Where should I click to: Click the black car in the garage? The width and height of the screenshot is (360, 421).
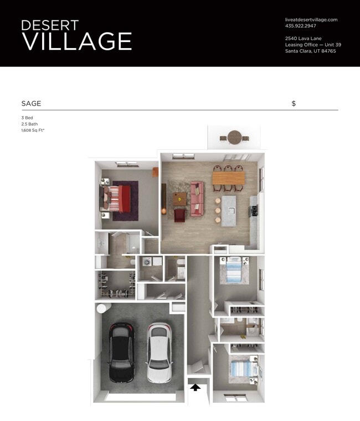coord(121,352)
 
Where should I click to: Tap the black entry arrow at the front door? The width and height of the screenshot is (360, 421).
coord(195,387)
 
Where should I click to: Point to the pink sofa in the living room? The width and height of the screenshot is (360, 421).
coord(197,199)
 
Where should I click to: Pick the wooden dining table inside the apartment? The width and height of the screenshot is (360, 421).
coord(228,178)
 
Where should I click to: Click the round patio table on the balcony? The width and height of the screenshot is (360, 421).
coord(235,136)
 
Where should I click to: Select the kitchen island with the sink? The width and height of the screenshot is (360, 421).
coord(230,210)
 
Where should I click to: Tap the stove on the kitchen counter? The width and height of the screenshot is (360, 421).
coord(254,210)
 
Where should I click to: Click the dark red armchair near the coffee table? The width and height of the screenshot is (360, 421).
coord(180,215)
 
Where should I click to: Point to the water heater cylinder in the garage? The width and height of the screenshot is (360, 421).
coord(102,307)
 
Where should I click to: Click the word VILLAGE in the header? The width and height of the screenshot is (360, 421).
coord(76,41)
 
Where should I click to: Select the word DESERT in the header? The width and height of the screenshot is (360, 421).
coord(50,25)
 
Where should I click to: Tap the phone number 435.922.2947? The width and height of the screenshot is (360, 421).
coord(301,26)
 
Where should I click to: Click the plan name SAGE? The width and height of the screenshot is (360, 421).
coord(31,103)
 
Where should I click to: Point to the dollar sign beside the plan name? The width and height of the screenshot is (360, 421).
coord(294,103)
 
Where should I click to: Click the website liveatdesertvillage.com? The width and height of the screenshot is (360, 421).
coord(311,19)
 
